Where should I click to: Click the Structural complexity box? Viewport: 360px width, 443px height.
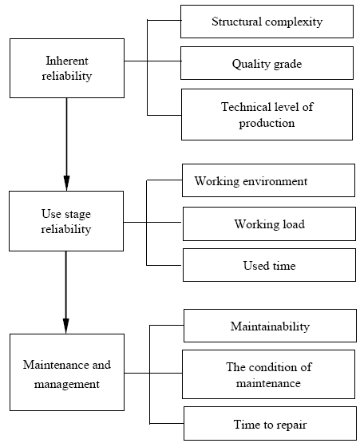(x=267, y=22)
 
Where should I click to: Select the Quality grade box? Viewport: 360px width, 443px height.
(x=267, y=63)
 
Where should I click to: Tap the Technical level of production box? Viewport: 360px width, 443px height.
(x=267, y=114)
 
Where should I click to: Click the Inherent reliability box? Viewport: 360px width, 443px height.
(x=67, y=69)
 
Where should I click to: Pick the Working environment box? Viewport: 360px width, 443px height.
(x=268, y=180)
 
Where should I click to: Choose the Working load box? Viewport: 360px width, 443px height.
(x=269, y=223)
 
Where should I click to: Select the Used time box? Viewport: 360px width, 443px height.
(x=269, y=265)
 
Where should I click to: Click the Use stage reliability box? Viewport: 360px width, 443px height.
(x=66, y=221)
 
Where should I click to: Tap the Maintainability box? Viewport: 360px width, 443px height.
(x=270, y=326)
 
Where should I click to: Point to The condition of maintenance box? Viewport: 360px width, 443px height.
(x=268, y=374)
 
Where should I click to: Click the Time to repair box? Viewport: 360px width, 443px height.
(x=270, y=424)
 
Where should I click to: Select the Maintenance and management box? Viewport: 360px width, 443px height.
(x=67, y=373)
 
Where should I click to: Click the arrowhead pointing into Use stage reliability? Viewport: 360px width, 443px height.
(x=67, y=184)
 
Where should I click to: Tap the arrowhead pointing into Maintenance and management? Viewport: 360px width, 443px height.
(x=65, y=326)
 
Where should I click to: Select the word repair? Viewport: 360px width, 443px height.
(x=291, y=425)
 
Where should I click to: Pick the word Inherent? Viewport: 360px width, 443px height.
(x=67, y=61)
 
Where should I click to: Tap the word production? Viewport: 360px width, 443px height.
(x=267, y=124)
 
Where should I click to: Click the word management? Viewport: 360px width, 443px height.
(x=67, y=385)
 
